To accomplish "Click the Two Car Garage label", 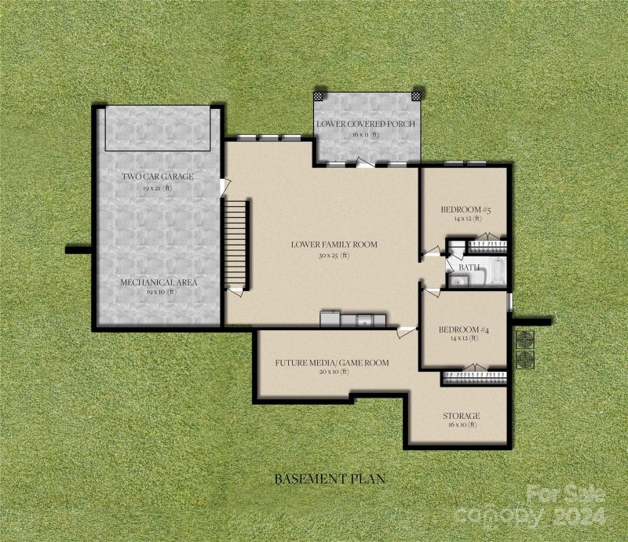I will pyautogui.click(x=157, y=176).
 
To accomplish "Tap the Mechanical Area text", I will pyautogui.click(x=159, y=282).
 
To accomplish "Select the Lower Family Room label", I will pyautogui.click(x=334, y=245).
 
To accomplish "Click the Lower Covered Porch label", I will pyautogui.click(x=365, y=125).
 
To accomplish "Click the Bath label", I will pyautogui.click(x=469, y=267).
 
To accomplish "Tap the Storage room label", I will pyautogui.click(x=462, y=415).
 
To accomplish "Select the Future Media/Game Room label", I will pyautogui.click(x=332, y=363).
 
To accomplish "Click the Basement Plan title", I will pyautogui.click(x=328, y=478).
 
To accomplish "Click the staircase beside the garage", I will pyautogui.click(x=236, y=243).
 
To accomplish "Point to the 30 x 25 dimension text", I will pyautogui.click(x=334, y=255).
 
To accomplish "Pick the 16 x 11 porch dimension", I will pyautogui.click(x=365, y=135).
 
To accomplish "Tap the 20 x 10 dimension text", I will pyautogui.click(x=333, y=373).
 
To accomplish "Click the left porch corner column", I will pyautogui.click(x=319, y=95).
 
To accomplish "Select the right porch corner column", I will pyautogui.click(x=416, y=95).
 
